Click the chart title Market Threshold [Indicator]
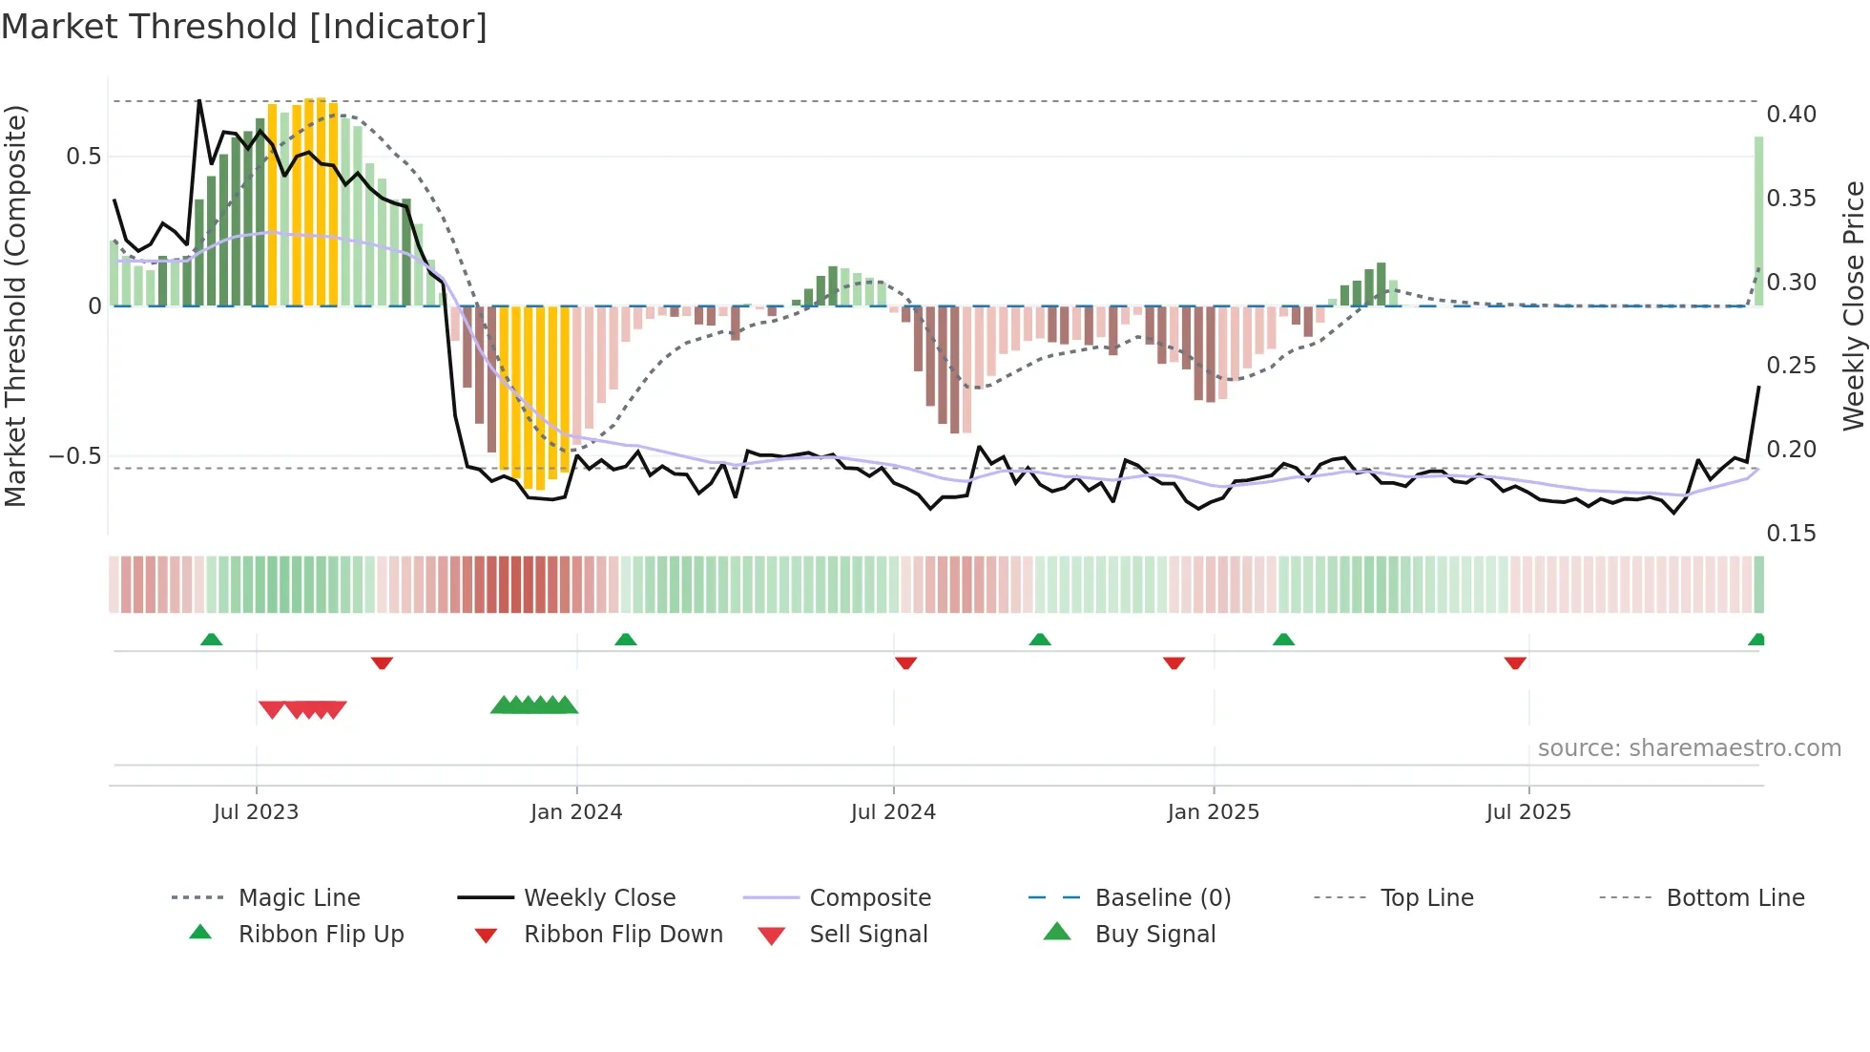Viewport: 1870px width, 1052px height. click(x=244, y=27)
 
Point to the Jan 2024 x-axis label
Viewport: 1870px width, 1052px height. click(x=576, y=812)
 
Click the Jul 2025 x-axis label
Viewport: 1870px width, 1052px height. click(x=1527, y=812)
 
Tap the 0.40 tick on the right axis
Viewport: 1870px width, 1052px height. click(x=1791, y=115)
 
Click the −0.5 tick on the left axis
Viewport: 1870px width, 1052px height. click(x=75, y=456)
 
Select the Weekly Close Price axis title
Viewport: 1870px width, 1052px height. click(x=1853, y=305)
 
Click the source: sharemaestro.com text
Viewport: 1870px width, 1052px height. click(x=1689, y=748)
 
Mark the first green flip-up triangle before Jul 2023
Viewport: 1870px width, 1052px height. click(x=212, y=640)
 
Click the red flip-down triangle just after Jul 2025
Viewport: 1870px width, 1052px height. click(x=1515, y=663)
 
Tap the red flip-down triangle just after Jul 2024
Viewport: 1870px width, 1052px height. click(x=905, y=663)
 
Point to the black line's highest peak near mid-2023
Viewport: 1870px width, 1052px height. click(x=199, y=100)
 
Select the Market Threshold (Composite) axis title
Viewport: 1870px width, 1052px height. click(x=15, y=305)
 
